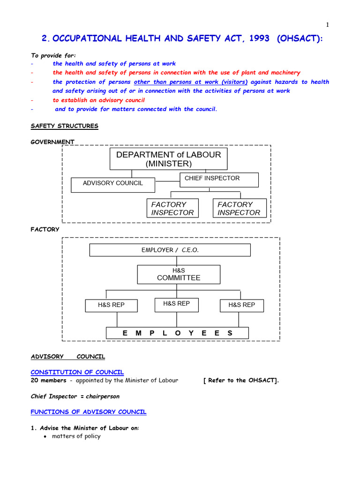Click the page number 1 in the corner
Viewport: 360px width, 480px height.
pos(328,25)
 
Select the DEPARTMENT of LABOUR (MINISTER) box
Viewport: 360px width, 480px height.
pos(168,159)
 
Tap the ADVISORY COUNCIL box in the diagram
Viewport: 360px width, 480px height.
pos(113,183)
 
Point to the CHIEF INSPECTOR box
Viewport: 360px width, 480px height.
pos(219,179)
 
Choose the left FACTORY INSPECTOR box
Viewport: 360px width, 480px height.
pos(172,208)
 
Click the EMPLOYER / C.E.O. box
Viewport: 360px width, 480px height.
pos(170,250)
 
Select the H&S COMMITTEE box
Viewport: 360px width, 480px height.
pos(179,274)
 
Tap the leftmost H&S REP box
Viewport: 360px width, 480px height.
pos(111,305)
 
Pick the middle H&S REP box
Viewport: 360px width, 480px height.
pos(177,304)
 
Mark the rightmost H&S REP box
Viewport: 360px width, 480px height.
pos(242,305)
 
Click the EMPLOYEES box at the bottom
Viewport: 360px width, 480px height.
pos(177,333)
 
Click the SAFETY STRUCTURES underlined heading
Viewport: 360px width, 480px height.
pos(64,126)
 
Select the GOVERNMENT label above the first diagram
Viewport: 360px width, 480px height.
pos(52,142)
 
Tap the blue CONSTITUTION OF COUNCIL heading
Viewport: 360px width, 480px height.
pos(77,372)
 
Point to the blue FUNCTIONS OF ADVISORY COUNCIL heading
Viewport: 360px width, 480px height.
pos(89,412)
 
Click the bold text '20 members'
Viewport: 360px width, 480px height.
pos(48,381)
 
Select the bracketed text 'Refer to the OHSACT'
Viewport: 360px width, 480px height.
pos(241,381)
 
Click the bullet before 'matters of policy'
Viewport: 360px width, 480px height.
pos(44,437)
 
